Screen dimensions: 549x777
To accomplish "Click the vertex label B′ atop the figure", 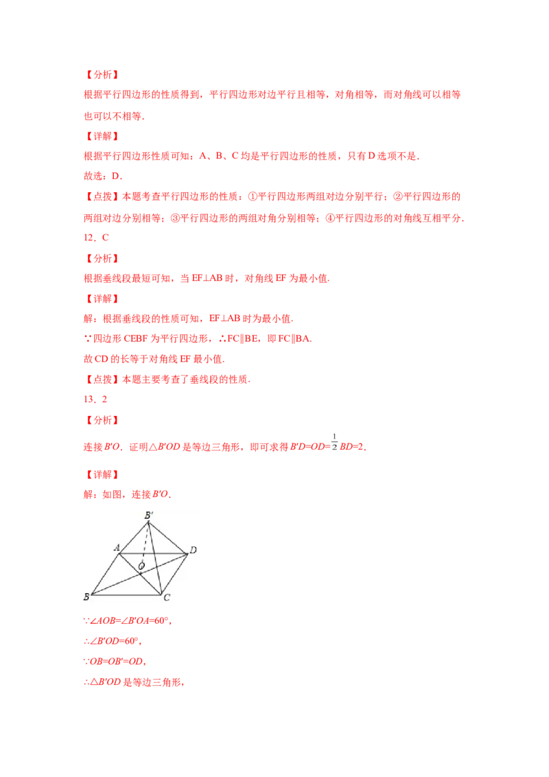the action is tap(148, 515).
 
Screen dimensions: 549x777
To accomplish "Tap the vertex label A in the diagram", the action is tap(117, 547).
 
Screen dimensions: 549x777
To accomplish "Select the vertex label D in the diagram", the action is tap(194, 550).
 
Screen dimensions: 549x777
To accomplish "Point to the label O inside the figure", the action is tap(141, 566).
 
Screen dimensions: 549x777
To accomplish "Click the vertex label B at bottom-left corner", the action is tap(86, 596).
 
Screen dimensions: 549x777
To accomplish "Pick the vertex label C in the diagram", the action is tap(166, 598).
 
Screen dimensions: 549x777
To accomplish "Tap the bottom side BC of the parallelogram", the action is tap(127, 594).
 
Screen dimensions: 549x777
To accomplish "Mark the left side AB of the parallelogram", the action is tap(106, 574).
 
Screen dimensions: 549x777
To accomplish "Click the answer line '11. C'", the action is tap(96, 238).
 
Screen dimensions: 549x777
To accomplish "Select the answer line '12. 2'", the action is tap(96, 399).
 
